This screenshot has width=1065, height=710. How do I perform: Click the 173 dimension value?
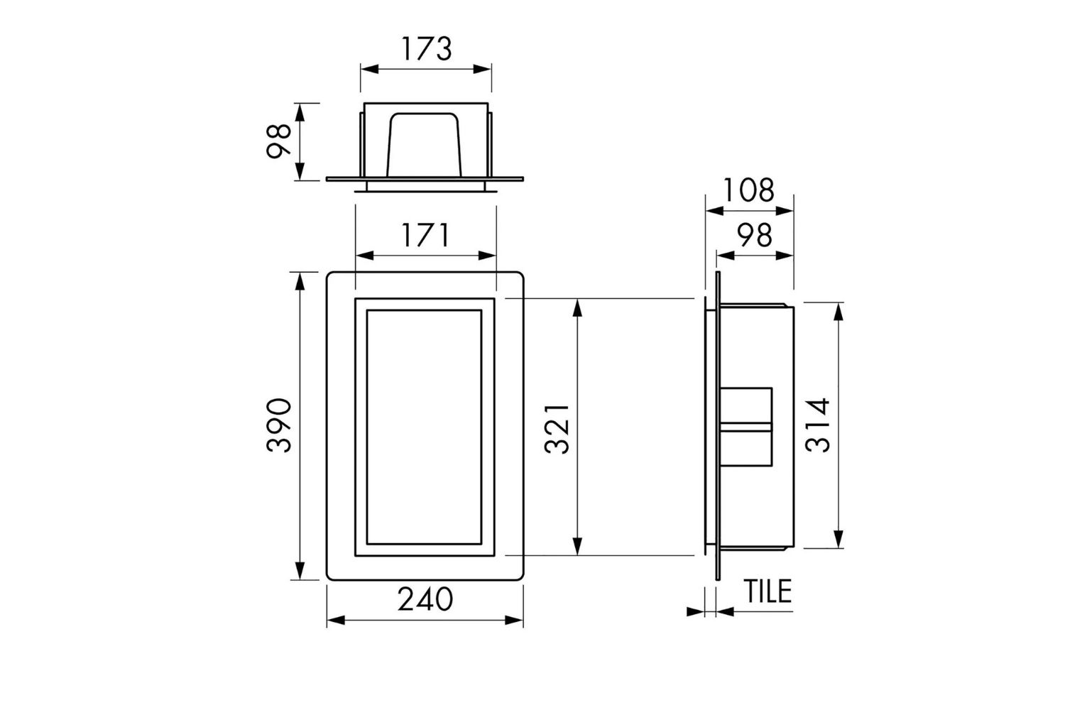(427, 49)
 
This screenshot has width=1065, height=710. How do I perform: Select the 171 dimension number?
(425, 236)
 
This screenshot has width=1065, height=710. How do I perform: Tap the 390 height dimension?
(279, 425)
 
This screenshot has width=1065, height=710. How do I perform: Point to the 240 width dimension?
(425, 599)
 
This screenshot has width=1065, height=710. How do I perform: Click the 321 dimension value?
(557, 429)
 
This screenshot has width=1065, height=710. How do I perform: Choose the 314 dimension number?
(818, 425)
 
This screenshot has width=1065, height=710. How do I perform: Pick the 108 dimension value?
(749, 190)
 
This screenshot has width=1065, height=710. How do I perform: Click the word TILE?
(768, 591)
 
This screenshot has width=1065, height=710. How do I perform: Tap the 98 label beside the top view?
(278, 141)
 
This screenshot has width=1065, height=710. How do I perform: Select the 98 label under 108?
(755, 236)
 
